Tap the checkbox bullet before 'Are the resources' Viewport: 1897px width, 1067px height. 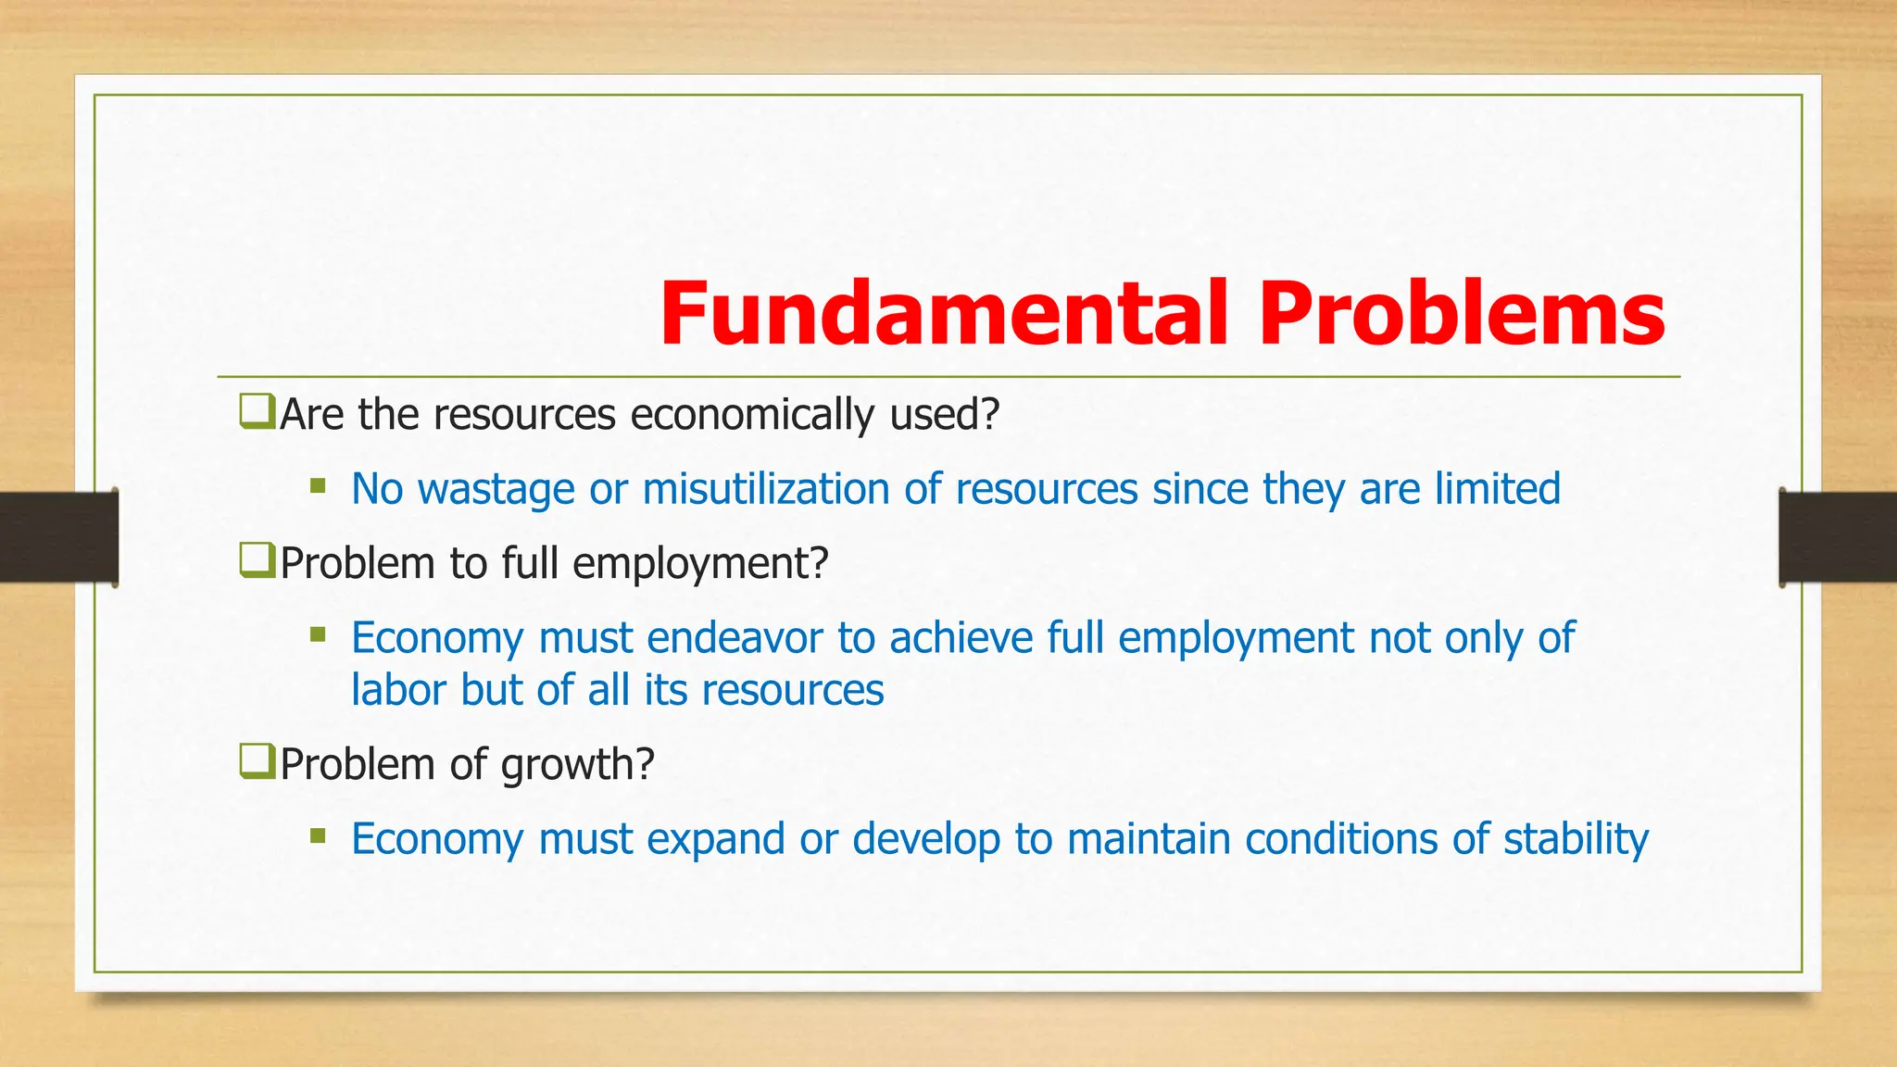[x=257, y=411]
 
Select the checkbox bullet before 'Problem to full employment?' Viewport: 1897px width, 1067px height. [x=257, y=560]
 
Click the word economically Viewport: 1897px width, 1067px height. [x=751, y=414]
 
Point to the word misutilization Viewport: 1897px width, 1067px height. [x=766, y=488]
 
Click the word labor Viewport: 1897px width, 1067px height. [x=398, y=690]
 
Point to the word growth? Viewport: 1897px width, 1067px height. [x=577, y=765]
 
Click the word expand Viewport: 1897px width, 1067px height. [x=715, y=839]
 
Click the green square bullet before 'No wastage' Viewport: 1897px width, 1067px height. [x=318, y=485]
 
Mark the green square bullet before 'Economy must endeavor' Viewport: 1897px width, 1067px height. [x=318, y=634]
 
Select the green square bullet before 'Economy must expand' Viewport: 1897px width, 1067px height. [x=318, y=836]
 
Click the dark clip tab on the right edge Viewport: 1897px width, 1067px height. [x=1837, y=537]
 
